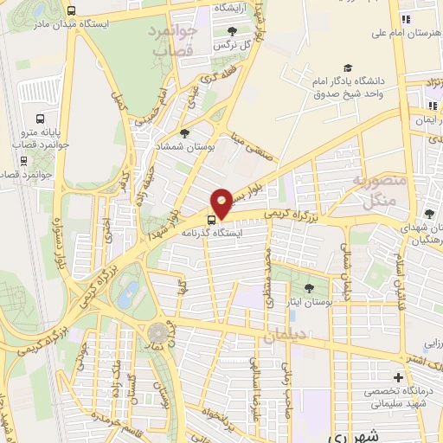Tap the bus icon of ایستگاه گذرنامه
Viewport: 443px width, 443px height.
pos(211,219)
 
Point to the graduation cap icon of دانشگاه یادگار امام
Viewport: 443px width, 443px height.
pos(348,67)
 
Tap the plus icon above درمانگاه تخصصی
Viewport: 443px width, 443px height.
pos(397,377)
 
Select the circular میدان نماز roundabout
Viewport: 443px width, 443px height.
pos(157,332)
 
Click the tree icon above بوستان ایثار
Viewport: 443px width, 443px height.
pos(310,286)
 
